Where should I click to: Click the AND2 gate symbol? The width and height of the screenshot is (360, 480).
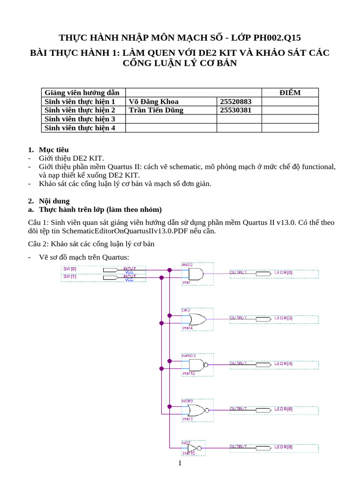(x=196, y=274)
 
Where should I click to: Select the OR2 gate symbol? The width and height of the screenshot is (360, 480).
(x=197, y=320)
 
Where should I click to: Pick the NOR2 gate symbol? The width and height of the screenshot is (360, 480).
(x=197, y=411)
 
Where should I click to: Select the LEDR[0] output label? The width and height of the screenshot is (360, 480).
(x=283, y=272)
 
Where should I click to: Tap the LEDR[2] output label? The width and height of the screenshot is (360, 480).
(x=283, y=318)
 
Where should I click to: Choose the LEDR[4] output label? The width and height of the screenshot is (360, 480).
(x=283, y=363)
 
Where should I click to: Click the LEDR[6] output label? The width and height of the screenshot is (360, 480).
(x=283, y=409)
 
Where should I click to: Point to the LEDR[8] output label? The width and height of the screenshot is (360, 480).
(x=283, y=447)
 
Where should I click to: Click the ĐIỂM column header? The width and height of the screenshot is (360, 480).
(x=290, y=92)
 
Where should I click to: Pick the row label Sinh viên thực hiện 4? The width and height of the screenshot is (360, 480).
(x=80, y=127)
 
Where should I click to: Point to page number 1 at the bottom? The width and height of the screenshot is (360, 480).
(x=180, y=464)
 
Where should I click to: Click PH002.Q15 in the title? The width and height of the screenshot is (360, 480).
(x=273, y=37)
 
